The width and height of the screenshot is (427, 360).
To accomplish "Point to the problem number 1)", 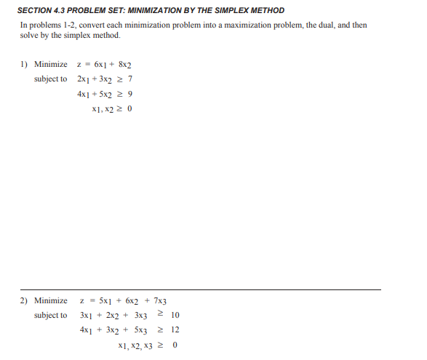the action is click(x=24, y=65).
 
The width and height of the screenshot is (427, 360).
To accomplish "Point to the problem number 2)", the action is click(x=24, y=300).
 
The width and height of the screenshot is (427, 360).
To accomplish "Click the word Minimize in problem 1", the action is click(x=51, y=65).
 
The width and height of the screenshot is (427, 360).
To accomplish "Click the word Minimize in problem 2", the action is click(x=51, y=300).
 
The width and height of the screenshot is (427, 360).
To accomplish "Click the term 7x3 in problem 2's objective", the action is click(x=160, y=301).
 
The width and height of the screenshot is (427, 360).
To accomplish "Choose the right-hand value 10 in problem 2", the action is click(x=175, y=315).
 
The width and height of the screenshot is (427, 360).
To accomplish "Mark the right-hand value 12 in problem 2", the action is click(x=175, y=329).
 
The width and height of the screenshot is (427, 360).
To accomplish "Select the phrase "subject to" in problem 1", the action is click(x=50, y=79).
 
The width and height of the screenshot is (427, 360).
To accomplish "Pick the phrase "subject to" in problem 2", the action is click(x=50, y=315).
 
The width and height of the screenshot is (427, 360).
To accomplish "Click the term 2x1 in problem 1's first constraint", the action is click(x=84, y=79).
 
